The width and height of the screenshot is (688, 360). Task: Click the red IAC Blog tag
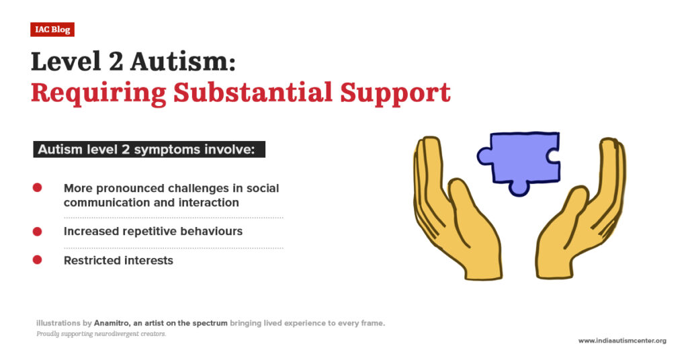[52, 30]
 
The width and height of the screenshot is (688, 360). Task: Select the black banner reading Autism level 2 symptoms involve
[149, 149]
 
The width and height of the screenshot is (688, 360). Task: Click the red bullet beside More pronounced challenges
[38, 188]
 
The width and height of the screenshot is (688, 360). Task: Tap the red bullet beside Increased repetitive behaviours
[38, 231]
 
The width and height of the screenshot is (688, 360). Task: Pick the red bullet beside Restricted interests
[38, 260]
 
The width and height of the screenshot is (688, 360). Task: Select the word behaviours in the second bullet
[212, 231]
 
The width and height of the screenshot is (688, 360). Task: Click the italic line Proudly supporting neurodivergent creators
[101, 334]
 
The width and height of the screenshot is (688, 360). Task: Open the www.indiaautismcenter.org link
[621, 341]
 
